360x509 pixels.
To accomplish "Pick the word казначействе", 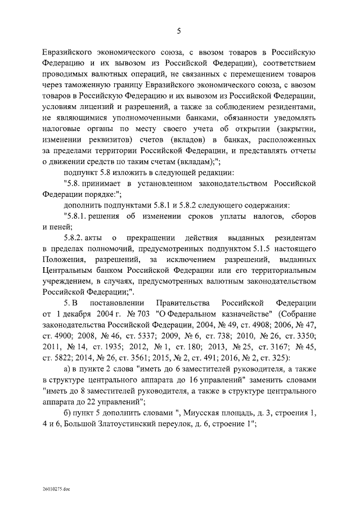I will point(242,313).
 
